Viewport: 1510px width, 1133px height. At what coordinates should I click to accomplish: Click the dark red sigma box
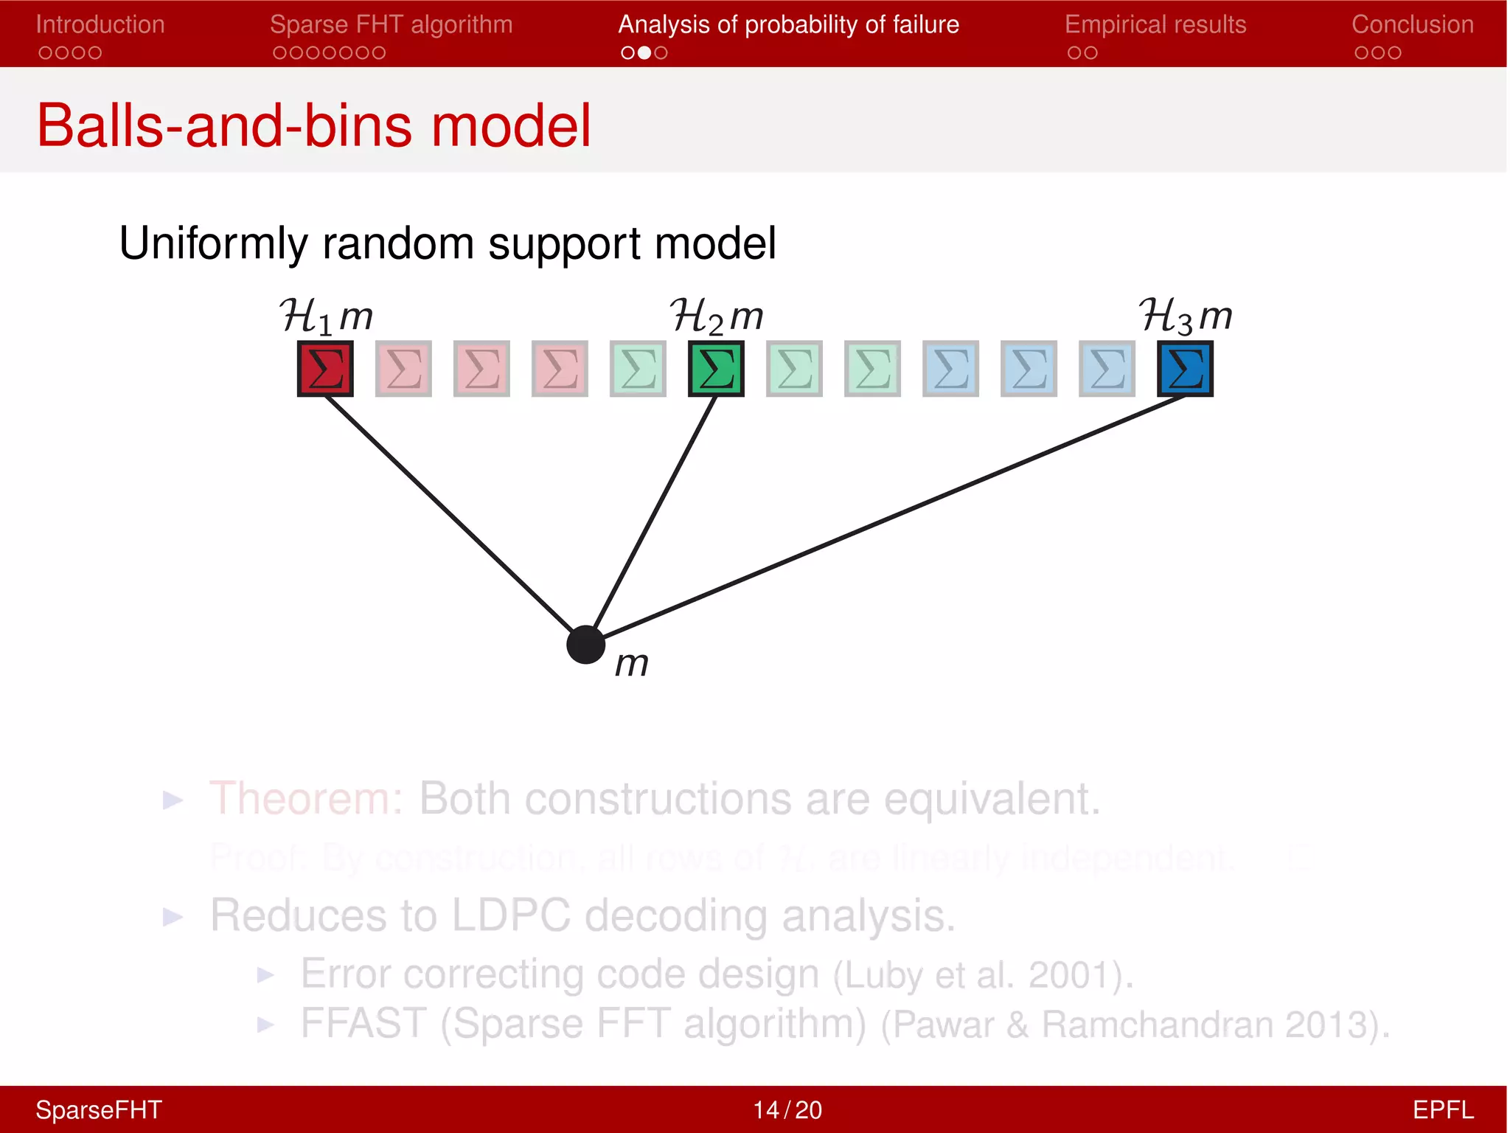pyautogui.click(x=325, y=368)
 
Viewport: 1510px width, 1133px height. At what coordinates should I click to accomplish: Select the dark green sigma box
pyautogui.click(x=716, y=368)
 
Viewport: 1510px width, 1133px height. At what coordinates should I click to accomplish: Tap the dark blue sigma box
pyautogui.click(x=1185, y=368)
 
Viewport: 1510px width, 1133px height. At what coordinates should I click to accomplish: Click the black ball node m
pyautogui.click(x=586, y=645)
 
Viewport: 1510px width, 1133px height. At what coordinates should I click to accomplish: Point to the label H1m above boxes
pyautogui.click(x=326, y=316)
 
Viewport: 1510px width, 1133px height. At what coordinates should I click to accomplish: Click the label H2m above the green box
pyautogui.click(x=716, y=316)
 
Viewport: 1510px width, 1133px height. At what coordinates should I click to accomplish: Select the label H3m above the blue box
pyautogui.click(x=1185, y=316)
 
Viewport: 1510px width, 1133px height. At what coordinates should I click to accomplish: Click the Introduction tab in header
pyautogui.click(x=100, y=25)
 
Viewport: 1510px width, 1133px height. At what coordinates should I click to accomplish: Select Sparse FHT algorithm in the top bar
pyautogui.click(x=391, y=25)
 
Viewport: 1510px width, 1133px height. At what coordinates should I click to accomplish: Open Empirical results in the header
pyautogui.click(x=1155, y=25)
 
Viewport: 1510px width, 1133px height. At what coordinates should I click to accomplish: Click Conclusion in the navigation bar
pyautogui.click(x=1412, y=25)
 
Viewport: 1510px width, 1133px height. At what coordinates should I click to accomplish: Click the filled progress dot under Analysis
pyautogui.click(x=644, y=52)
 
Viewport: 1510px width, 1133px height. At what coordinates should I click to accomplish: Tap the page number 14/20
pyautogui.click(x=787, y=1109)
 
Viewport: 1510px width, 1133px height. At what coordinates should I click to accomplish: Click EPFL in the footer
pyautogui.click(x=1442, y=1109)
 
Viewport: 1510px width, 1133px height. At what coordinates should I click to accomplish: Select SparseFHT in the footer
pyautogui.click(x=98, y=1109)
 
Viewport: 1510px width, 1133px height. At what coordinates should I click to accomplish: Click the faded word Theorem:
pyautogui.click(x=306, y=798)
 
